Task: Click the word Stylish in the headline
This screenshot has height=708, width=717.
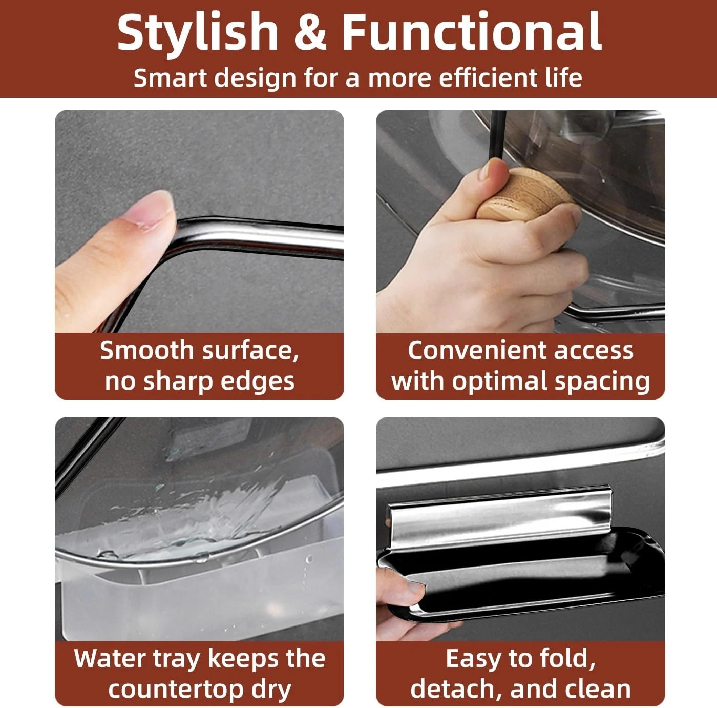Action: coord(198,32)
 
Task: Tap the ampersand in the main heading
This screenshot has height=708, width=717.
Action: coord(310,32)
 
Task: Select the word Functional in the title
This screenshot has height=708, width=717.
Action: coord(471,32)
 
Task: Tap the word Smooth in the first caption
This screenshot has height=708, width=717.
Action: coord(146,350)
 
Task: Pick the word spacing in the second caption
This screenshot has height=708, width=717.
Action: coord(602,381)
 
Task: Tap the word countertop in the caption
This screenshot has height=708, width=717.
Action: coord(177,690)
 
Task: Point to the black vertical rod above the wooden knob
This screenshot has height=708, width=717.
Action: coord(497,138)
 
